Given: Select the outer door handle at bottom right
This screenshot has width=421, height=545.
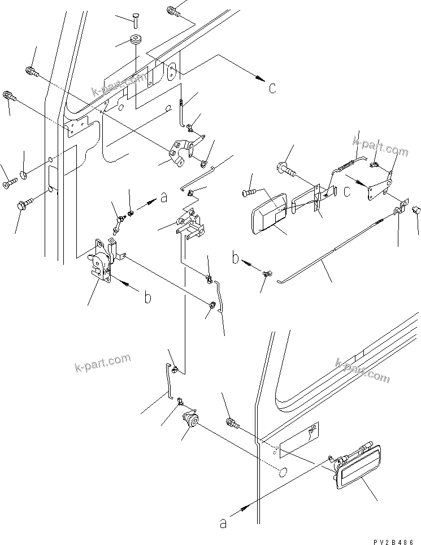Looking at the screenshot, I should [x=357, y=466].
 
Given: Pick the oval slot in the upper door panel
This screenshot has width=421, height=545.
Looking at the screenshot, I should [x=173, y=71].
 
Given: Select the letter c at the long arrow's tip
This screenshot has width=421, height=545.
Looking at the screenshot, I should [x=272, y=88].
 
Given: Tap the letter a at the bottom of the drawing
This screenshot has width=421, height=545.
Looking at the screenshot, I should [x=223, y=524].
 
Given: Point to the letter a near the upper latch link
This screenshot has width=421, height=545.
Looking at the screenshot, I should [x=164, y=198].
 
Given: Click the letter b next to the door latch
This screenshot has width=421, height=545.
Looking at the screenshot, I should [x=147, y=298].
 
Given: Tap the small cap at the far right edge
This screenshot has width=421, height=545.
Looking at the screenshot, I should [x=418, y=210].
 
